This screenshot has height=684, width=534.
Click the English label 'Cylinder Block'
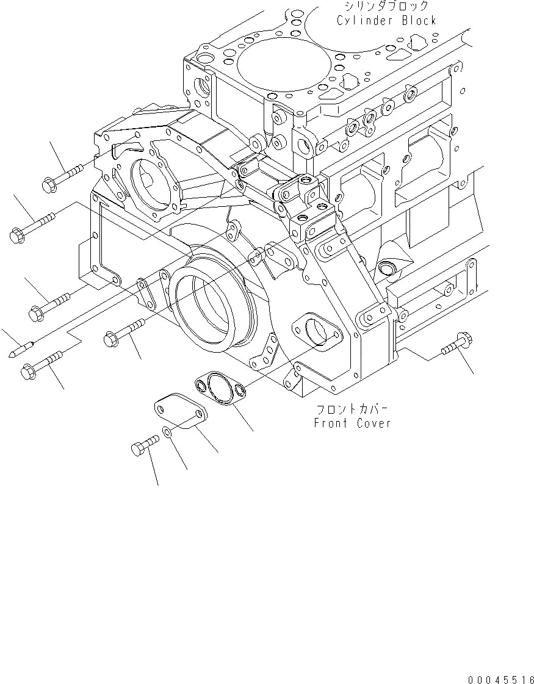(x=386, y=20)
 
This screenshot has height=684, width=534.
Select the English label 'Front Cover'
(x=352, y=423)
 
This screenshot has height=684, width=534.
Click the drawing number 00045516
(x=500, y=679)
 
